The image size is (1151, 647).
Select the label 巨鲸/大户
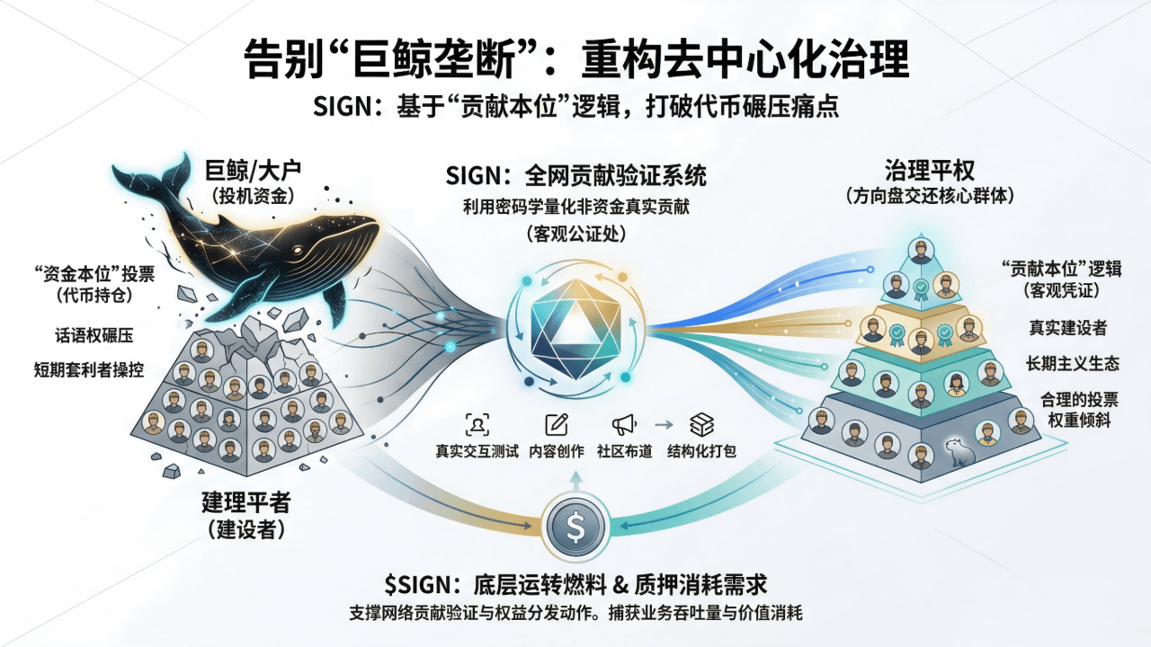[255, 171]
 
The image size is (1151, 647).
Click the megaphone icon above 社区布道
[623, 425]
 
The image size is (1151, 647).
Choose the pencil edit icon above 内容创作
[557, 425]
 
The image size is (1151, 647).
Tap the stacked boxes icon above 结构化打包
[701, 425]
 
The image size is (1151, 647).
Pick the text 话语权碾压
[94, 335]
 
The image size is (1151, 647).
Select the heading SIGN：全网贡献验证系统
[576, 173]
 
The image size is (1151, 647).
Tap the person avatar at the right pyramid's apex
[920, 251]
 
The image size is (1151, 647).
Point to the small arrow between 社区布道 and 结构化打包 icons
[664, 425]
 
